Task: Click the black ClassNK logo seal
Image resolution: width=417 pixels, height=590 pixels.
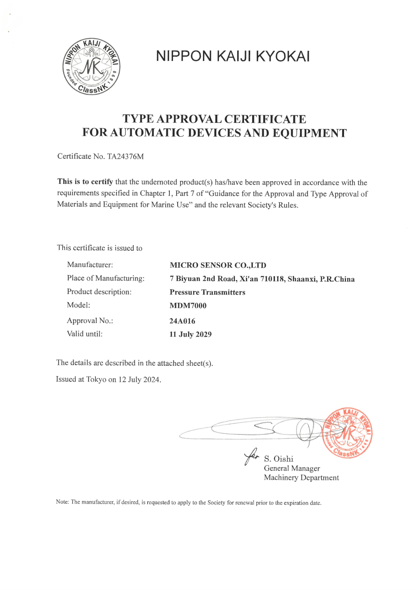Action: [x=92, y=66]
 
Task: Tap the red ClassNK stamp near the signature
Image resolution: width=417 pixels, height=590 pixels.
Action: [x=347, y=433]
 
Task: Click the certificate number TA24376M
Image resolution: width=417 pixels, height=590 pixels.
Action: [x=125, y=156]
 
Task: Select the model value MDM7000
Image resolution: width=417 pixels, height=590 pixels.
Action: [x=188, y=306]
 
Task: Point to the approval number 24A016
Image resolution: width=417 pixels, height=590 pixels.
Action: [x=182, y=321]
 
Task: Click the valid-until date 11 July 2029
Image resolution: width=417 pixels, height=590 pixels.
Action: [x=190, y=334]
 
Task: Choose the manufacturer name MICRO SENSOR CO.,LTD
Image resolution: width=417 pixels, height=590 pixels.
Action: [x=218, y=265]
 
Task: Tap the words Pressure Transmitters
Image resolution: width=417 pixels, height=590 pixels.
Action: [x=207, y=292]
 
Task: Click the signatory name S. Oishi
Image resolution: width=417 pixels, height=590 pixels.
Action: [x=278, y=459]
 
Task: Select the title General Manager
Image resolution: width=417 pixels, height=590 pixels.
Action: [x=292, y=468]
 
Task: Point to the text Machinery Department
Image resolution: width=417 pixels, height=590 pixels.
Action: [x=301, y=478]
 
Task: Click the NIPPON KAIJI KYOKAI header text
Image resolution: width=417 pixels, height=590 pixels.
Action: [x=233, y=56]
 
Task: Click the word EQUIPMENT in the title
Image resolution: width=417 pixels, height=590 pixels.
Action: [x=310, y=133]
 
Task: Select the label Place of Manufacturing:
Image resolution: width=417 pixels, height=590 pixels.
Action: [x=106, y=278]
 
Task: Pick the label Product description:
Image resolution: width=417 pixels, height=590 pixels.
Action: [x=99, y=292]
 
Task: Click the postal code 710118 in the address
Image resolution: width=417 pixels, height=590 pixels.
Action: [x=273, y=279]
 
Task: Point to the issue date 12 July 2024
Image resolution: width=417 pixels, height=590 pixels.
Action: [x=139, y=379]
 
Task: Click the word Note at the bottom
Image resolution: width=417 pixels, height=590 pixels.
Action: [x=62, y=502]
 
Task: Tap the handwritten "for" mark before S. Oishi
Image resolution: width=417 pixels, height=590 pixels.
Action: [x=251, y=456]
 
